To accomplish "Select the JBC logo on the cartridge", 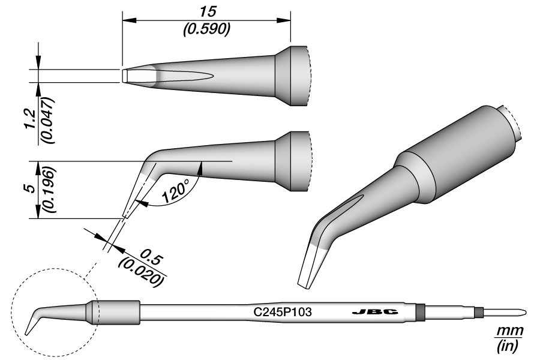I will click(367, 313).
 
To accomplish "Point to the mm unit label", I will click(510, 332).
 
